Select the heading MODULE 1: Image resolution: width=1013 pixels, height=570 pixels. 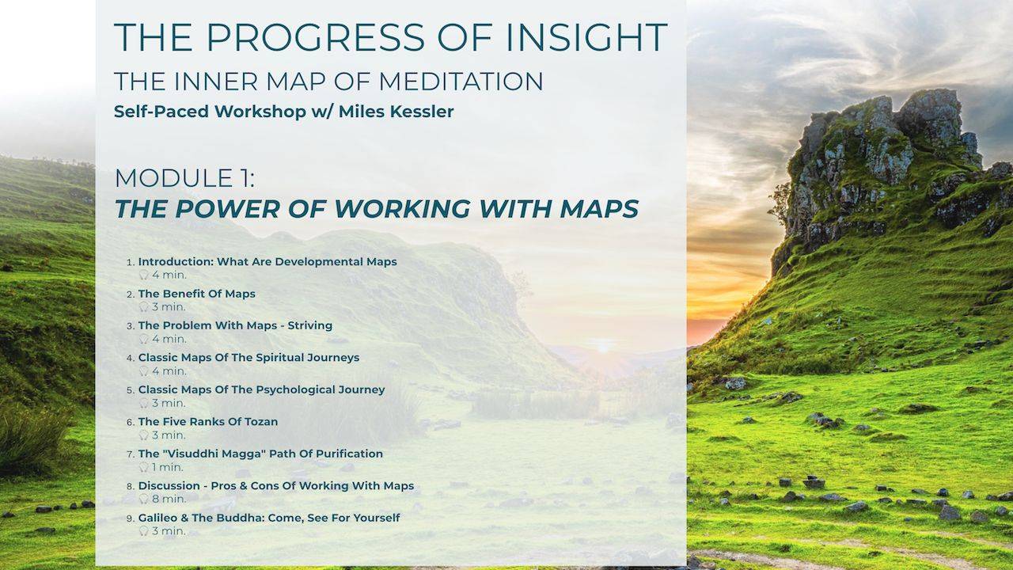[184, 178]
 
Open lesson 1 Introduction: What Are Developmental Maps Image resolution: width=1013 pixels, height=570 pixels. [267, 261]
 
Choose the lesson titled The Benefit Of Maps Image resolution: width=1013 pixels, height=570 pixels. [196, 294]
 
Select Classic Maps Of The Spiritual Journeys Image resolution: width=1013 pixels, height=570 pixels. [249, 358]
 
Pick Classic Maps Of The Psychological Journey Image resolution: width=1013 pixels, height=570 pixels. [261, 389]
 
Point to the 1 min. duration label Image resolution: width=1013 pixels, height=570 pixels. [167, 467]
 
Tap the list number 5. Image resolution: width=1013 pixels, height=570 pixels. [130, 390]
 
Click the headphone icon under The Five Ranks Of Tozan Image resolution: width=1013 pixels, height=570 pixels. [143, 435]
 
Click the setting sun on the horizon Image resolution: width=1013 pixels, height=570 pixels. [604, 346]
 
